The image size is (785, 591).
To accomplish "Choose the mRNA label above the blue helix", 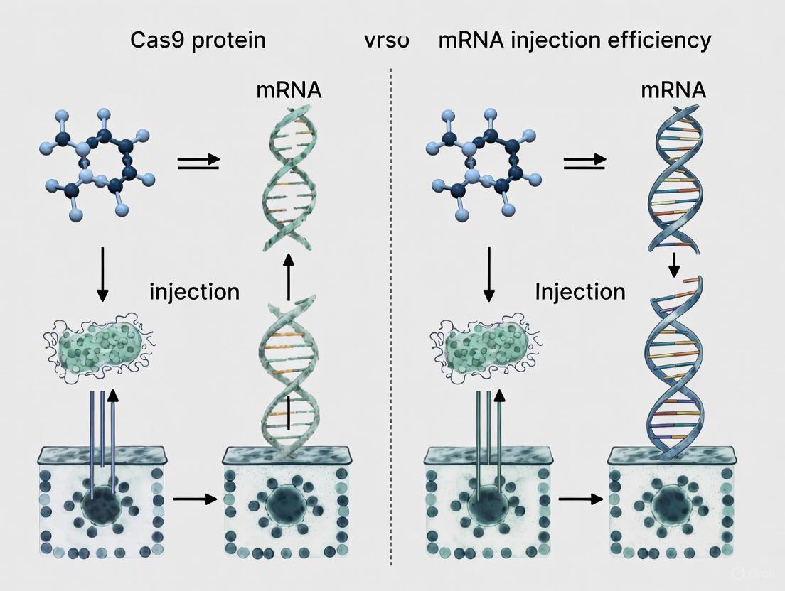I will pyautogui.click(x=673, y=90).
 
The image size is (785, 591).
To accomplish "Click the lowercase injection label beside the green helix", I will pyautogui.click(x=194, y=291).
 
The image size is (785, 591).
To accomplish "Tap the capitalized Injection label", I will pyautogui.click(x=580, y=291).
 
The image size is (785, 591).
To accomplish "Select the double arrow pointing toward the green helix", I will pyautogui.click(x=198, y=163).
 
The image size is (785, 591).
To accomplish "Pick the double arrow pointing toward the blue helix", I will pyautogui.click(x=584, y=163).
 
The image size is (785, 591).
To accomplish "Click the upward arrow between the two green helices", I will pyautogui.click(x=288, y=277).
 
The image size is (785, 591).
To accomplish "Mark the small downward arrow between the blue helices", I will pyautogui.click(x=675, y=264).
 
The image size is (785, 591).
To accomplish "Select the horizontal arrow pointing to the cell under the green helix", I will pyautogui.click(x=194, y=499).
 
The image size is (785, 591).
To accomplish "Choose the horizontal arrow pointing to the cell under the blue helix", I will pyautogui.click(x=580, y=499).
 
